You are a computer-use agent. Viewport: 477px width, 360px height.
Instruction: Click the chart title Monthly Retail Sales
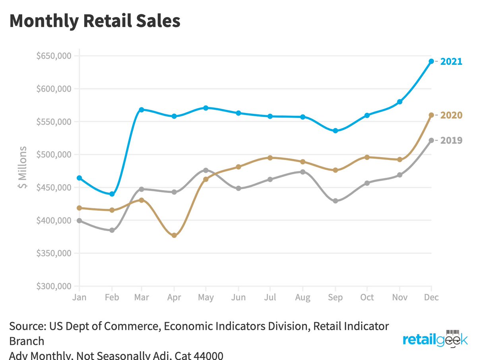[x=95, y=21]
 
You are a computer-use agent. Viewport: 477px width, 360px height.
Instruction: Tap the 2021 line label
[x=451, y=62]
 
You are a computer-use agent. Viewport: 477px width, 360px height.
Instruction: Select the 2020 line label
[x=451, y=115]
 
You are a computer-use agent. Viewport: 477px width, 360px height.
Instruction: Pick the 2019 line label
[x=451, y=140]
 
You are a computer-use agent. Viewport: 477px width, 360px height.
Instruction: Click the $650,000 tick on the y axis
[x=54, y=56]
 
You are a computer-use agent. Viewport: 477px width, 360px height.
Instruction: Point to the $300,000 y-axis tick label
[x=54, y=286]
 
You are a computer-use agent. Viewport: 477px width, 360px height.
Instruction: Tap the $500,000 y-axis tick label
[x=54, y=154]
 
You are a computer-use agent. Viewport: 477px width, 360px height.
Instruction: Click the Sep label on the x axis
[x=335, y=298]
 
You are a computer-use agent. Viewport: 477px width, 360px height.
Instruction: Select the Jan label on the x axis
[x=79, y=298]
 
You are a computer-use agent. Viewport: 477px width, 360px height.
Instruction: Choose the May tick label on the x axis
[x=206, y=298]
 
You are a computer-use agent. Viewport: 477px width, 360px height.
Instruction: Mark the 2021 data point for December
[x=431, y=61]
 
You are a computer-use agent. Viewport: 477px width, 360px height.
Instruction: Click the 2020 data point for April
[x=174, y=235]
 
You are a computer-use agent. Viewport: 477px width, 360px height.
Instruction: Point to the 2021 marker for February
[x=112, y=194]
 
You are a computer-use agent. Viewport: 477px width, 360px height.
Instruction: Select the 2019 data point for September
[x=335, y=201]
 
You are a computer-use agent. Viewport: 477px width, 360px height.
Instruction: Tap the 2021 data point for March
[x=142, y=109]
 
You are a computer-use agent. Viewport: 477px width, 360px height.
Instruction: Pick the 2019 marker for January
[x=79, y=220]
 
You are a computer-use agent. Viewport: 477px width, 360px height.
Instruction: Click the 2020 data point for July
[x=270, y=158]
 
